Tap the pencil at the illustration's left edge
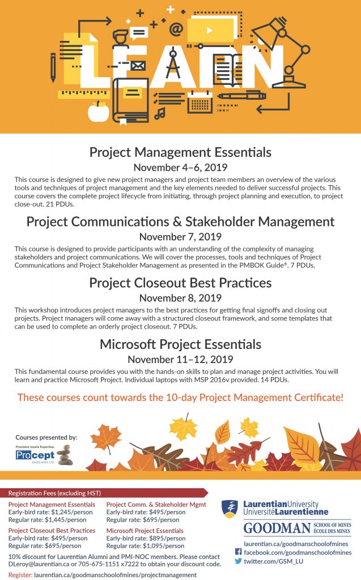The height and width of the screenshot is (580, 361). click(x=53, y=67)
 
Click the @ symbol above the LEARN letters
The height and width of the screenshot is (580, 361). click(x=176, y=28)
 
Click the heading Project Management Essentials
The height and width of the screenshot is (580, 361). click(x=180, y=152)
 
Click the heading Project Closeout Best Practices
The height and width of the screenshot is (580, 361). click(x=180, y=283)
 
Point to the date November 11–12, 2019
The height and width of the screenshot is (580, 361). click(x=180, y=359)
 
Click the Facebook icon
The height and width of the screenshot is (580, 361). click(x=238, y=552)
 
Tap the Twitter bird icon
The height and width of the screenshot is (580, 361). click(x=238, y=562)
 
